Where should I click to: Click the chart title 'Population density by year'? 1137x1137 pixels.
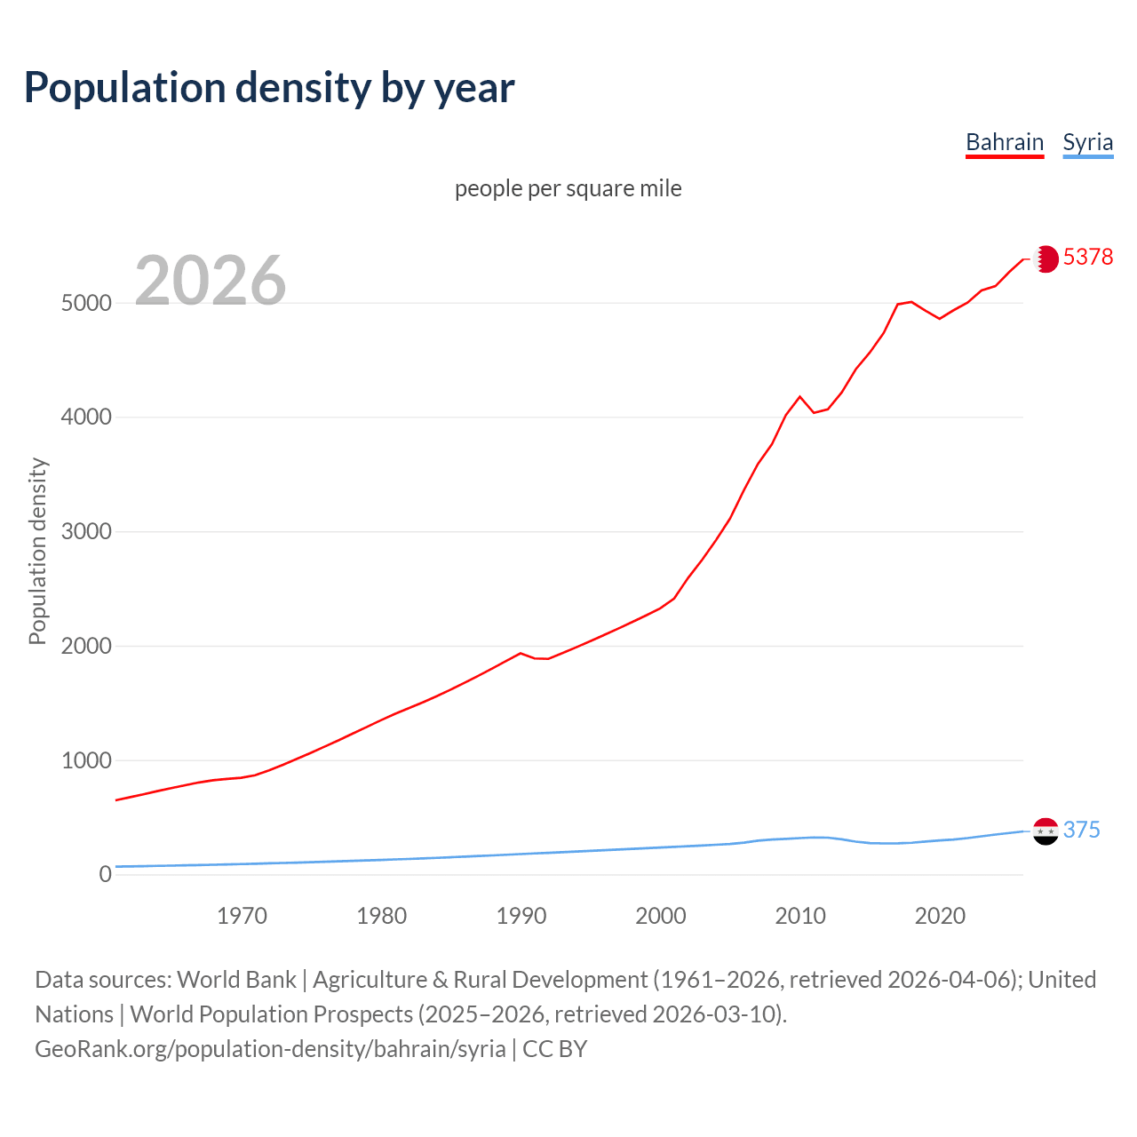coord(269,88)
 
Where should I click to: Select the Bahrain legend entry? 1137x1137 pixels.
coord(1004,143)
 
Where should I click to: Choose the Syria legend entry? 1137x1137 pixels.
coord(1087,143)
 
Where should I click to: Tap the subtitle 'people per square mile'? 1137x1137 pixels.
coord(568,189)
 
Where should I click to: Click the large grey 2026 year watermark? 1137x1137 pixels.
coord(211,281)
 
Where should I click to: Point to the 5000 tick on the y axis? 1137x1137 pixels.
coord(86,303)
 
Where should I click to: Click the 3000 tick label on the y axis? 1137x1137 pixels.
coord(86,532)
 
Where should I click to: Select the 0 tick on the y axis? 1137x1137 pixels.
coord(106,875)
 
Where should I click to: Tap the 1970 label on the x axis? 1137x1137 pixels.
coord(242,916)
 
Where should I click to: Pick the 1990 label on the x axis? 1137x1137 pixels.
coord(521,916)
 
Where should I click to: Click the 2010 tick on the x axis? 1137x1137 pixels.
coord(800,916)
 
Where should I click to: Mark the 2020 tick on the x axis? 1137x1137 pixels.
coord(940,916)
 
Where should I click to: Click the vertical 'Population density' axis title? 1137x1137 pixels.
coord(37,551)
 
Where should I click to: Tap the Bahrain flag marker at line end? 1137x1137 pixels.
coord(1046,258)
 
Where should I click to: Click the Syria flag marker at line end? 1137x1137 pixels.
coord(1046,831)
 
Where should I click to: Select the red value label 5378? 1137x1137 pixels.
coord(1087,258)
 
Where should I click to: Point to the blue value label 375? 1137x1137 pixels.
coord(1081,830)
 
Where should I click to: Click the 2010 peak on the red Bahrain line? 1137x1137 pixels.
coord(800,396)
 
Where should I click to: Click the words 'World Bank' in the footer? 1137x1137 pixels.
coord(236,980)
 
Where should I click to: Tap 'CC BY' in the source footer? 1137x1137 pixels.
coord(554,1049)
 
